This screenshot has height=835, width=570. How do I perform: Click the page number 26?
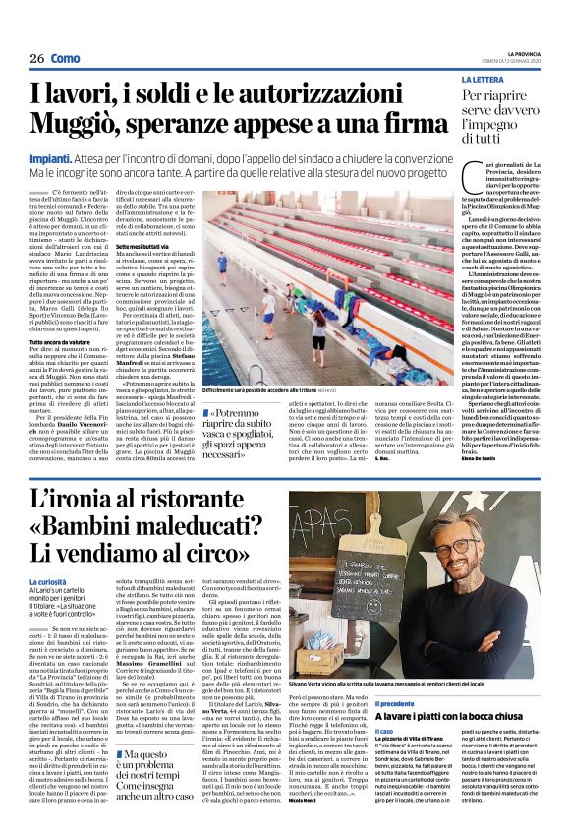pyautogui.click(x=37, y=60)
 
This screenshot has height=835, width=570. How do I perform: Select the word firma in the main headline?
pyautogui.click(x=404, y=125)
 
